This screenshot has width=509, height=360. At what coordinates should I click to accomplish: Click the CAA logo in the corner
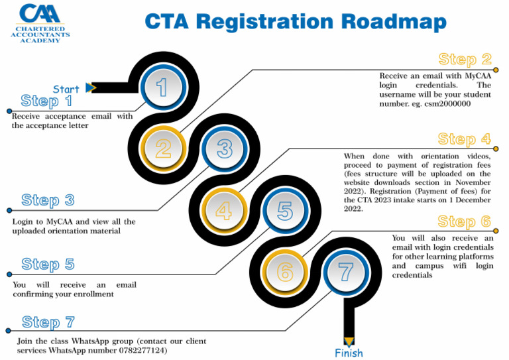coord(40,23)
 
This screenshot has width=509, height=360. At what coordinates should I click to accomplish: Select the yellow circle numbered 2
coord(162,148)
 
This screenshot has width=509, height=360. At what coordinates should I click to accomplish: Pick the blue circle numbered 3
coord(224,149)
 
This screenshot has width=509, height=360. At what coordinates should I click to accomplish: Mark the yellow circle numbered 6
coord(285,271)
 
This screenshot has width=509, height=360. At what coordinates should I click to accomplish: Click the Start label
coord(66,89)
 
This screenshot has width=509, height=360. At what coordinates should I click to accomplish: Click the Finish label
coord(349,353)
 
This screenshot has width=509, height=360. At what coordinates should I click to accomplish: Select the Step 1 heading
coord(47,101)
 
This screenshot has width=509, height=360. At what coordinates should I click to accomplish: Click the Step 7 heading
coord(48,323)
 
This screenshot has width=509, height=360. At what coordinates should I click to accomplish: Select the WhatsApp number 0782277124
coord(139,350)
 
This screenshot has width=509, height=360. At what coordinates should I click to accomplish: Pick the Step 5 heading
coord(48,265)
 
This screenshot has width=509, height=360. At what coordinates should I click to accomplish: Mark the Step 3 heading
coord(48,200)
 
